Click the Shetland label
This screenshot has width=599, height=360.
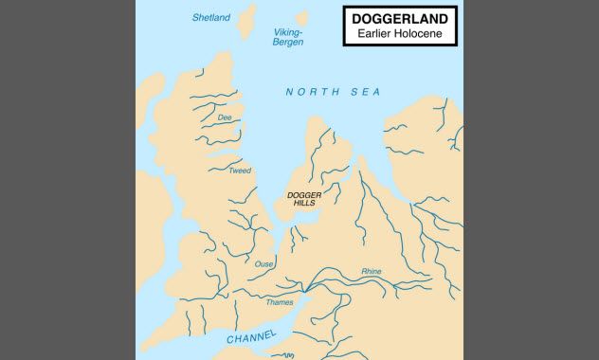coord(210,17)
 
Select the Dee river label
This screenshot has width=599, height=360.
coord(225,117)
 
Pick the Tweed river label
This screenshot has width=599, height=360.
coord(240,171)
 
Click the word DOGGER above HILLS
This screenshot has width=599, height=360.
coord(304,194)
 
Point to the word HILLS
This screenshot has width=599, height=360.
coord(304,204)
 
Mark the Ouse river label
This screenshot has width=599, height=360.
coord(263,264)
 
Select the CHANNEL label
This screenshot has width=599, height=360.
coord(251,337)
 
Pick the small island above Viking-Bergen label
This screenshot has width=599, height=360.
coord(303,17)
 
